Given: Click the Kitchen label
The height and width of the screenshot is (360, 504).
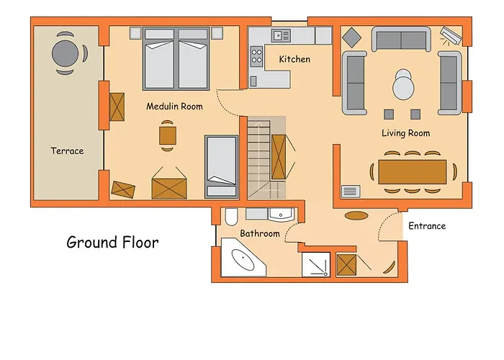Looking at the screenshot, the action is coord(294,59).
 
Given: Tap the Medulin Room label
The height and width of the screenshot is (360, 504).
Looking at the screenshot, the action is coord(174,106).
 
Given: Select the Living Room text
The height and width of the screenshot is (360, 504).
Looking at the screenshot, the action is coord(405,133).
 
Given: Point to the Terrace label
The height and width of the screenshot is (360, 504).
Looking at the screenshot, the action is coord(67,150).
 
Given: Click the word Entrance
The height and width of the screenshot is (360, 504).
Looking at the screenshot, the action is coord(427,226).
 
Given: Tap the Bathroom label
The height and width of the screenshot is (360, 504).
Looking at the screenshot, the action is coord(260,233).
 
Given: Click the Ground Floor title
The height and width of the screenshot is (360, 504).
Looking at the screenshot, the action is coord(112,243).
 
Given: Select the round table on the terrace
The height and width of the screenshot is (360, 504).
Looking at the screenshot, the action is coord(65,53).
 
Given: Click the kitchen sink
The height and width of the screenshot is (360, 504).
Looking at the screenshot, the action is coord(281,35).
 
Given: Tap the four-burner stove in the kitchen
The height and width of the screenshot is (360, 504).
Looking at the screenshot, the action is coord(256,56).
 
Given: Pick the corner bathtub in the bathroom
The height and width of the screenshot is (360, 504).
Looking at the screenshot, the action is coord(243,258).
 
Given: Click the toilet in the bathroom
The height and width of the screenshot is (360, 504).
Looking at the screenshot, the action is coord(231,217).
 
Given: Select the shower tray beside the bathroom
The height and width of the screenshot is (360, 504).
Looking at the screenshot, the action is coord(316,264).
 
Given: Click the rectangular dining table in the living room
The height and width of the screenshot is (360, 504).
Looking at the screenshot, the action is coord(412,172).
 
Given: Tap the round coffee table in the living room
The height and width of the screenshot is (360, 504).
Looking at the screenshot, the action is coord(403,85).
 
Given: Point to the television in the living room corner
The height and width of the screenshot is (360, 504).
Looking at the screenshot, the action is coord(451,35).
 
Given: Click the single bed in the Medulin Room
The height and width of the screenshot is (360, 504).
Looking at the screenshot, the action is coord(222,166).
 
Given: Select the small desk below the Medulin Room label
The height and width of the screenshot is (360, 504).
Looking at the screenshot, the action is coord(168,135).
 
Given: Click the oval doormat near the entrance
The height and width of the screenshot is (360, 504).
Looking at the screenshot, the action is coord(356,215).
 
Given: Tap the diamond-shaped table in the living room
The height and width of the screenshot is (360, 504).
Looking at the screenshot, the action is coord(351,37).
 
